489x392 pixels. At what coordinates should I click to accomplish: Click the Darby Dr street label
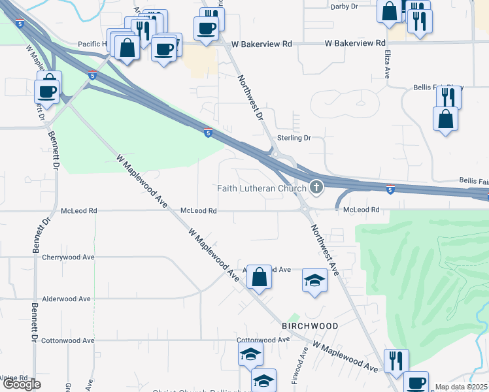click(x=345, y=7)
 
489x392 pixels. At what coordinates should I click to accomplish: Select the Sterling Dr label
click(x=294, y=138)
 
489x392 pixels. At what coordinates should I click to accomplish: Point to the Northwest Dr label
click(x=250, y=99)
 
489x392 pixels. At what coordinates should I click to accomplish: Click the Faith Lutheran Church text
click(x=261, y=189)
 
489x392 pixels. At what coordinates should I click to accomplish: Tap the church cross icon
click(x=316, y=189)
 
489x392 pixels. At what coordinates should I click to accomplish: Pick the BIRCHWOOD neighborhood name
click(x=310, y=326)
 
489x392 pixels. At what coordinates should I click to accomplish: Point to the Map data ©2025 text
click(x=462, y=387)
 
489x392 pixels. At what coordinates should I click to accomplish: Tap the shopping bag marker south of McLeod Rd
click(x=260, y=276)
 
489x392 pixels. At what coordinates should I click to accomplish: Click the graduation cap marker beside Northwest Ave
click(x=314, y=280)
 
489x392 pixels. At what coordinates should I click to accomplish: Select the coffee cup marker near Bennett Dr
click(x=48, y=90)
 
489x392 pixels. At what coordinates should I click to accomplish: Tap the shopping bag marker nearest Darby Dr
click(x=389, y=11)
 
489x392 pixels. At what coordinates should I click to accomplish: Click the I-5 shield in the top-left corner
click(x=22, y=24)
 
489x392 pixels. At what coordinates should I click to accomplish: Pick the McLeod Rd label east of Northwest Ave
click(x=361, y=210)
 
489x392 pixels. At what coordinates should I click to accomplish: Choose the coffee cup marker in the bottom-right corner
click(x=415, y=383)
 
